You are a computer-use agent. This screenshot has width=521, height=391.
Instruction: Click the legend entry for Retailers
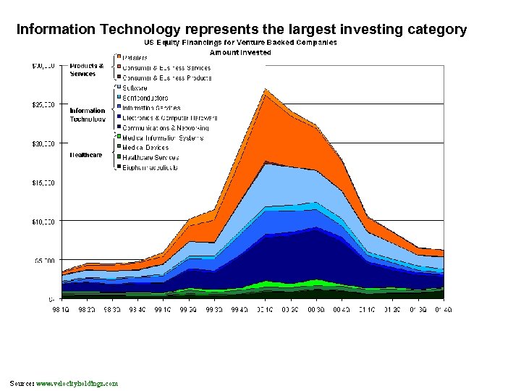[135, 58]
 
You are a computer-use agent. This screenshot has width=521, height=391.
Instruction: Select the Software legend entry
[135, 88]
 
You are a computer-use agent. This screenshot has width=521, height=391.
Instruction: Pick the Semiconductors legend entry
[145, 98]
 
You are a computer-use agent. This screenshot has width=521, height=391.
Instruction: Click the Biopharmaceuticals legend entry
[150, 167]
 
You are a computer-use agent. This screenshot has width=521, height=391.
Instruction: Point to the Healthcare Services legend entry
[151, 157]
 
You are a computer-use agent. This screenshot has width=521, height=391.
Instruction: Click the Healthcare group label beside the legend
[86, 155]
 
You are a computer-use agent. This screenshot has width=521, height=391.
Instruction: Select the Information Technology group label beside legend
[88, 115]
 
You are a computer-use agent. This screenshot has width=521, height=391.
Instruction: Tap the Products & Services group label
[87, 70]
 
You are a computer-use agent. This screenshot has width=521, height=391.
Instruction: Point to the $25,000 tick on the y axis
[41, 104]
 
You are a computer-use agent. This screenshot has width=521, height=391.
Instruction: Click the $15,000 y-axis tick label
[41, 182]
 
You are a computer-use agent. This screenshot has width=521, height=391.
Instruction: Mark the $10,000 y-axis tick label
[41, 221]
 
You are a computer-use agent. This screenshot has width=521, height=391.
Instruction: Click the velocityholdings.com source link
[77, 383]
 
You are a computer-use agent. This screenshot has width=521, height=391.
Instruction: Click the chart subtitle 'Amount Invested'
[240, 52]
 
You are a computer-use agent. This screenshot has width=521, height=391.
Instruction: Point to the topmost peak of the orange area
[266, 89]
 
